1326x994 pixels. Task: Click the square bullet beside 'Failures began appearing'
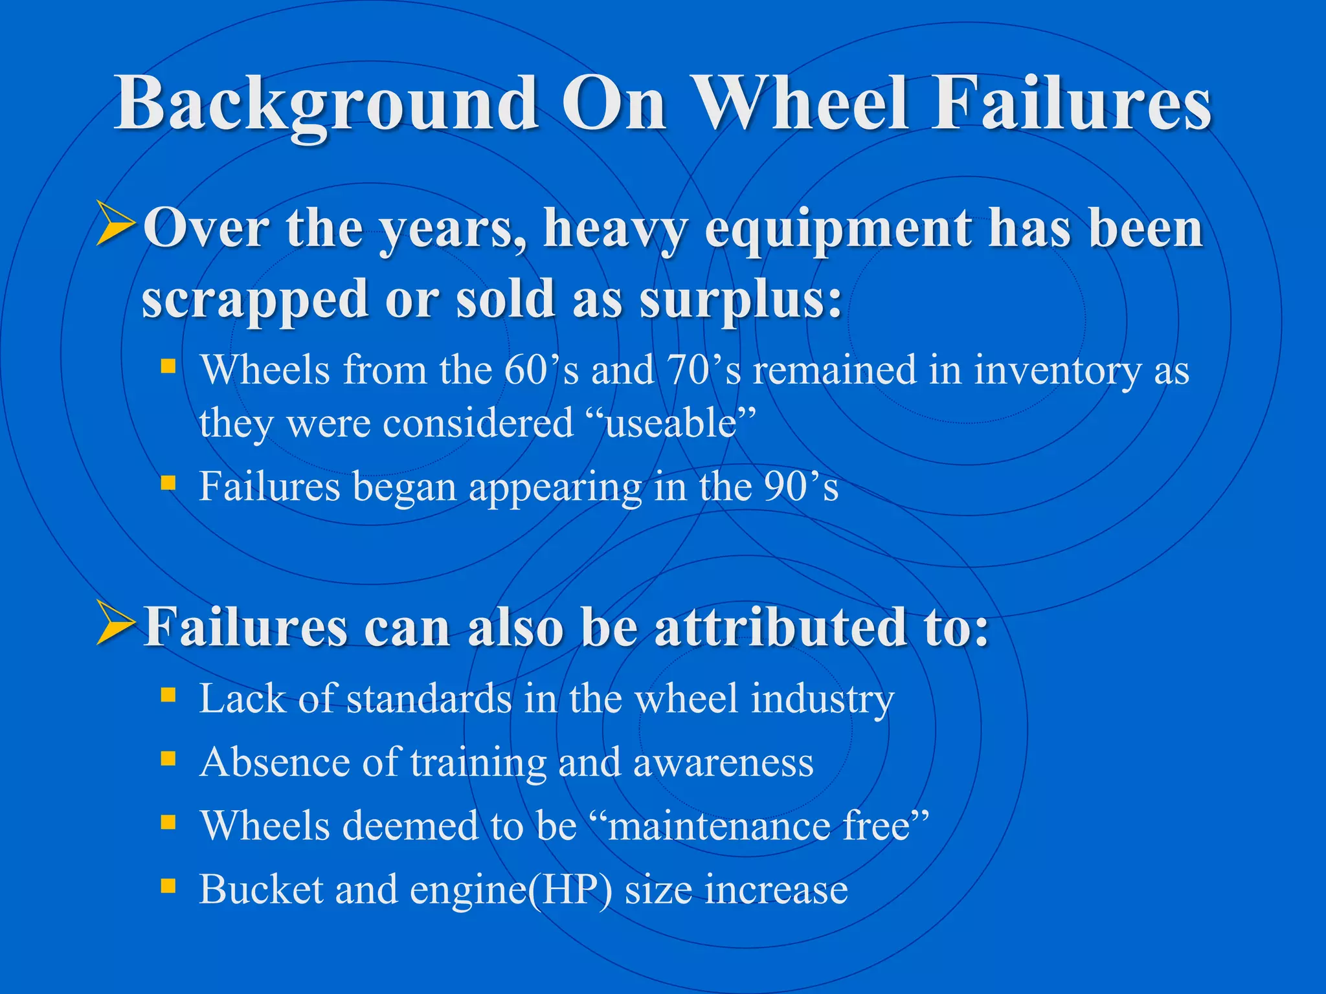168,482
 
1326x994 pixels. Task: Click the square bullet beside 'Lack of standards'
168,695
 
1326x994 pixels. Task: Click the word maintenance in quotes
719,826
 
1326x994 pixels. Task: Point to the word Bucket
260,890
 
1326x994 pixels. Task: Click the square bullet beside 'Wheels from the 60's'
168,367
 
